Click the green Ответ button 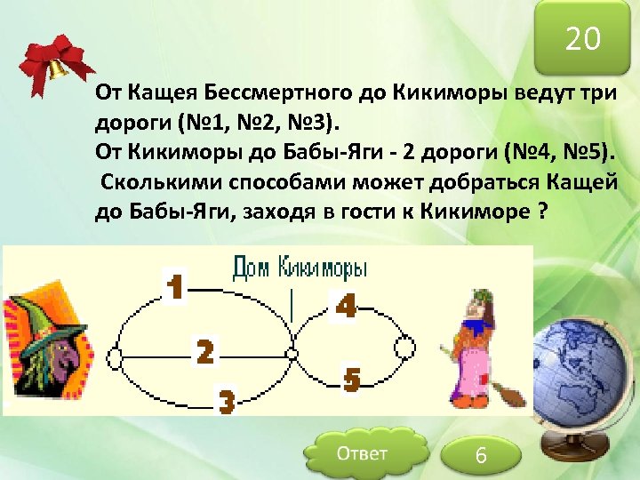(x=361, y=454)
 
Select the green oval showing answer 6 (x=481, y=455)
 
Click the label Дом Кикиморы (x=300, y=268)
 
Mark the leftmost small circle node (x=115, y=358)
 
